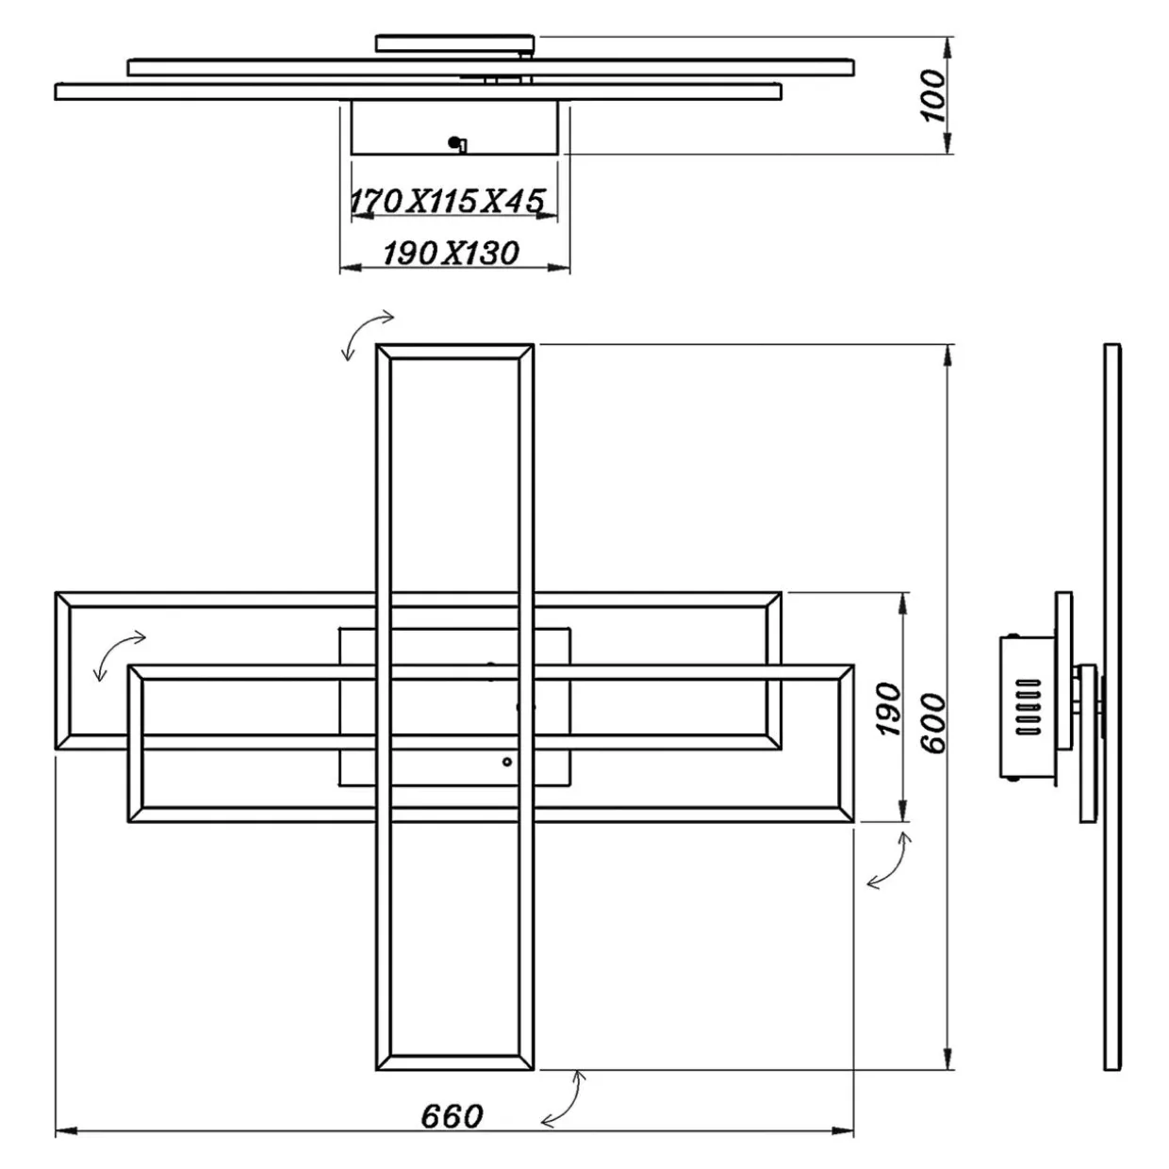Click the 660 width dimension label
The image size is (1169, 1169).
click(452, 1116)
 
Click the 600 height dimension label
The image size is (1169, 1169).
click(932, 723)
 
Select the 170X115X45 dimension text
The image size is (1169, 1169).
click(448, 201)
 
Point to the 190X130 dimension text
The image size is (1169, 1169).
click(451, 253)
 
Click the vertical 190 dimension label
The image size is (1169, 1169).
click(889, 710)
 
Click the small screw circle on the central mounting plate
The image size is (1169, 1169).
click(507, 761)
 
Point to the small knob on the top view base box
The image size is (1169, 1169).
click(457, 143)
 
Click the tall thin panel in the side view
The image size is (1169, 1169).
click(1112, 707)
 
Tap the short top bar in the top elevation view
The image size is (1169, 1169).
click(455, 42)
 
